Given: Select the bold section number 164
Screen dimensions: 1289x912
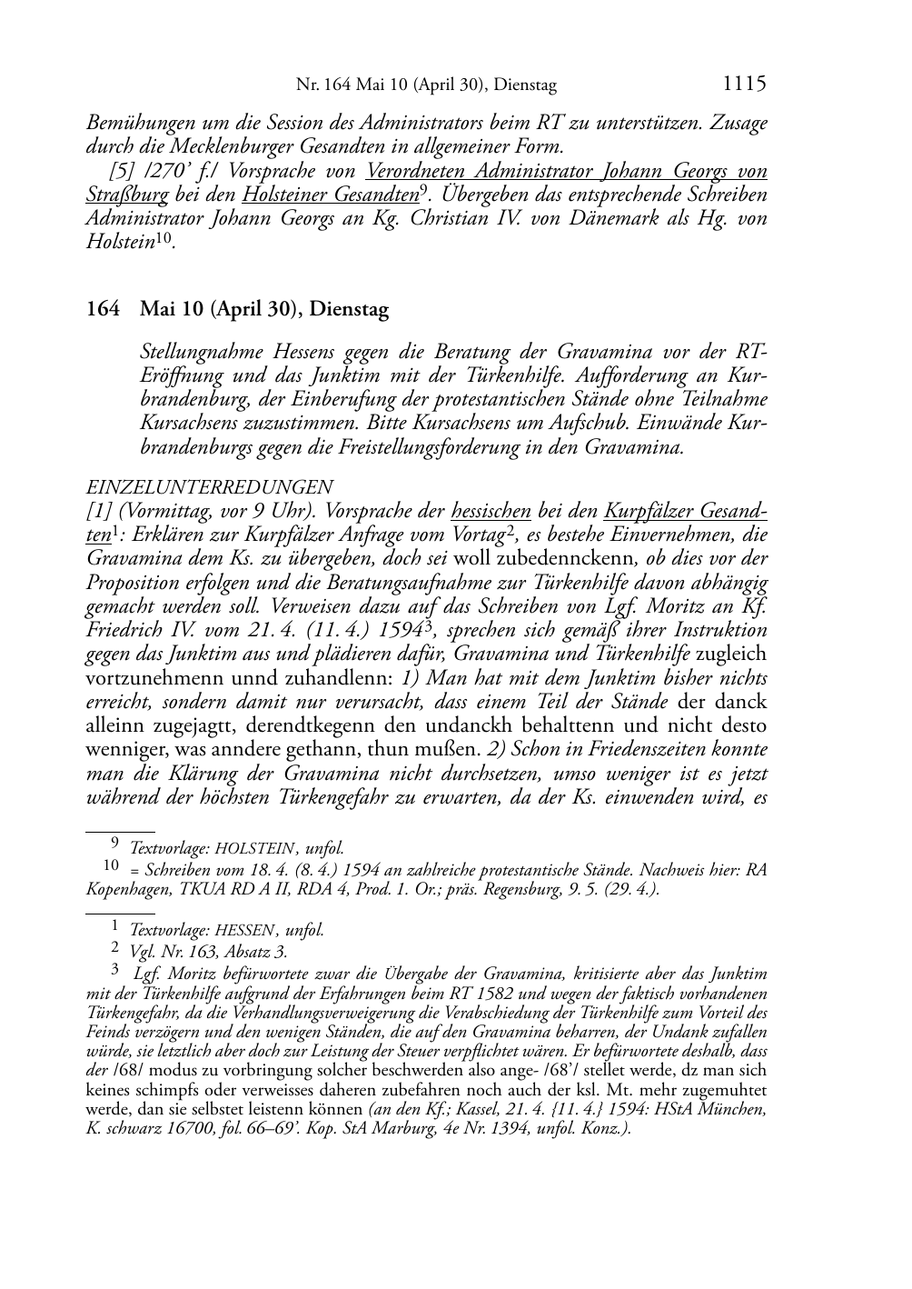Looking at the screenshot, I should (x=103, y=309).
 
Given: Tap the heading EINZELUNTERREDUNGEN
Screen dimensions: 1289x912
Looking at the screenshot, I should (x=209, y=487).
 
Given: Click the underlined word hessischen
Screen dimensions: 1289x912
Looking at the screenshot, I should (x=491, y=511).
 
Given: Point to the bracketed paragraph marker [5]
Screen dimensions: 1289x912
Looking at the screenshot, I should (x=123, y=171).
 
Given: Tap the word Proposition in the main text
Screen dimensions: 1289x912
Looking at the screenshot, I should (x=133, y=582).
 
